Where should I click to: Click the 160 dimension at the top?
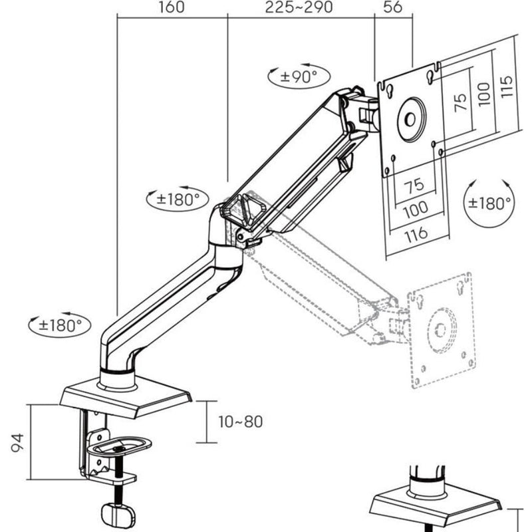[172, 7]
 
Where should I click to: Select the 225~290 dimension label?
[299, 7]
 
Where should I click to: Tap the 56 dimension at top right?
[393, 7]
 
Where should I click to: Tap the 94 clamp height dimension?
[18, 442]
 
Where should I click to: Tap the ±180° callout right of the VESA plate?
[489, 203]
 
